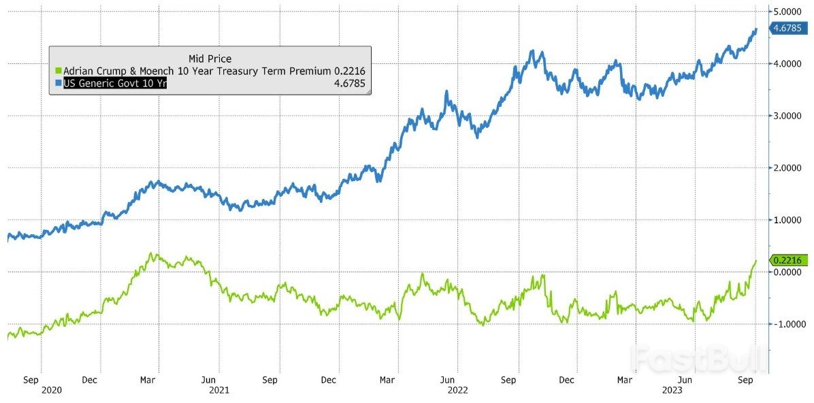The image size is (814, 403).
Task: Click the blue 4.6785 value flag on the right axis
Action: click(x=788, y=29)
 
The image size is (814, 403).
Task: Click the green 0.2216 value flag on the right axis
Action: click(x=788, y=260)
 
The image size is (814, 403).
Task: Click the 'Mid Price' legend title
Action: click(x=210, y=59)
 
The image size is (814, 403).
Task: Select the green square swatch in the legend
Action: click(x=58, y=71)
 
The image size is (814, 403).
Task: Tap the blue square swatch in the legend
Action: click(x=58, y=84)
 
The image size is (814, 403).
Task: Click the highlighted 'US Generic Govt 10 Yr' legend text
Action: click(x=115, y=84)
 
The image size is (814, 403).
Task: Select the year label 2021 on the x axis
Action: click(x=219, y=391)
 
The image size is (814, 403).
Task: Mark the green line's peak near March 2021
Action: click(x=154, y=255)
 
